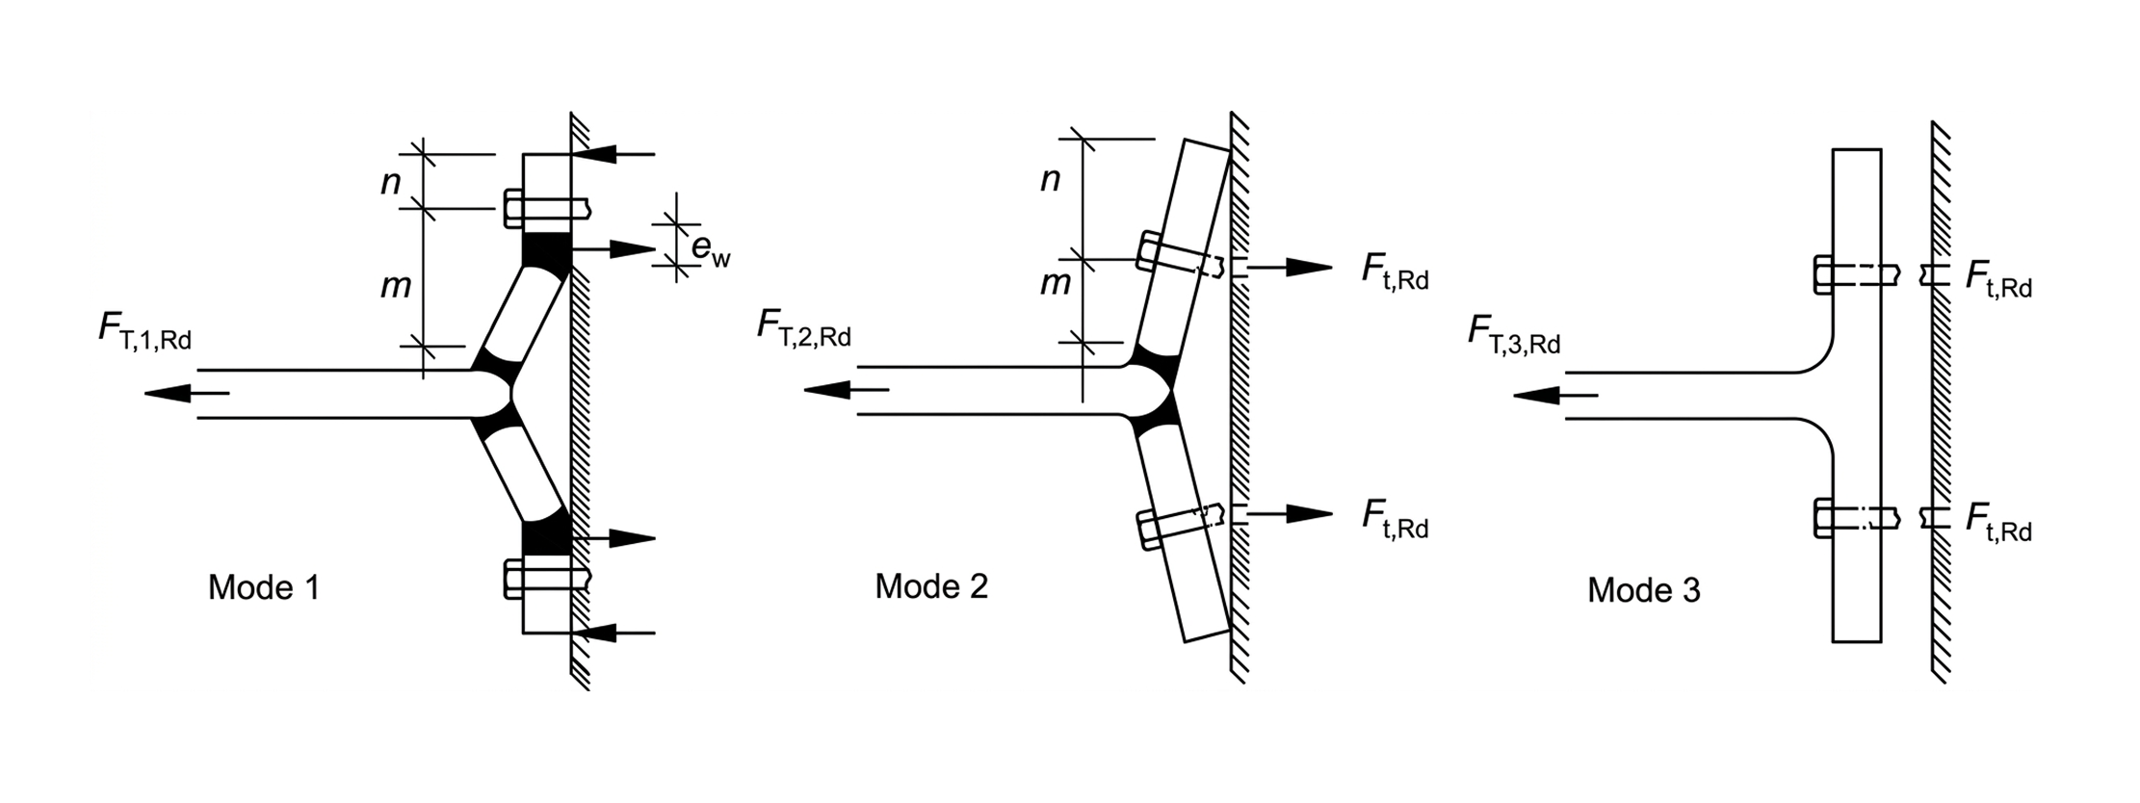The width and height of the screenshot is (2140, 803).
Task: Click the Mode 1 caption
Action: (x=263, y=587)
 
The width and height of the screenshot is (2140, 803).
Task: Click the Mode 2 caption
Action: (x=930, y=586)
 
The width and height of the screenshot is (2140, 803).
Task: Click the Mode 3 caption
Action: (x=1643, y=590)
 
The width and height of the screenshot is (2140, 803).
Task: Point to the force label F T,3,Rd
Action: (x=1513, y=334)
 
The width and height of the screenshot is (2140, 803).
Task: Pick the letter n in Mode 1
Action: (x=390, y=181)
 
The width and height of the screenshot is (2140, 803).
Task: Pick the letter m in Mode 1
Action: (x=395, y=285)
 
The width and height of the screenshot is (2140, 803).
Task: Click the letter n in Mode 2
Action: (x=1050, y=179)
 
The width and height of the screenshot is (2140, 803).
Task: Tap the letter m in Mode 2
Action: (x=1055, y=283)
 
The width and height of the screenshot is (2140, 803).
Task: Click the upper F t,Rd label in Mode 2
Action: (x=1394, y=271)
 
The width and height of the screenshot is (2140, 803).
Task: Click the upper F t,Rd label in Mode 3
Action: (x=1997, y=279)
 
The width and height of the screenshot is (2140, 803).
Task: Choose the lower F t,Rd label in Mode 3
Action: (x=1997, y=524)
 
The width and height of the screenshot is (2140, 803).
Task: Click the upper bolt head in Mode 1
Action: (x=513, y=208)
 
